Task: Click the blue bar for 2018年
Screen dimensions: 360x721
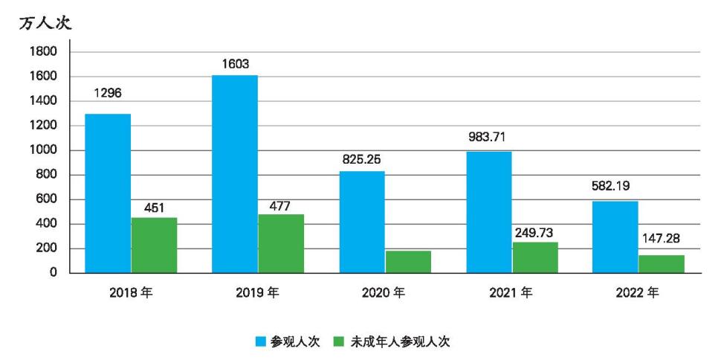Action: click(108, 193)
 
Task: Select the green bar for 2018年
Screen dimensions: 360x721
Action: click(154, 245)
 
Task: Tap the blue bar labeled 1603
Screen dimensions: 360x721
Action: click(235, 174)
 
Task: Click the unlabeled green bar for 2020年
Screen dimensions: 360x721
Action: click(408, 262)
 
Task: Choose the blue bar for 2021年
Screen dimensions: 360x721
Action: click(489, 212)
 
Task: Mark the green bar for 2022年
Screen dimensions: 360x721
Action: click(662, 264)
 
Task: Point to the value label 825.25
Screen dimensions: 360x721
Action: click(362, 158)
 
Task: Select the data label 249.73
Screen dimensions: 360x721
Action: click(534, 233)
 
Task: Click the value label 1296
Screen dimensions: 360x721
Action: click(108, 94)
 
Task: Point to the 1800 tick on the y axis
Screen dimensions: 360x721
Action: click(43, 52)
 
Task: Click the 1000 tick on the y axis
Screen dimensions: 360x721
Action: click(43, 150)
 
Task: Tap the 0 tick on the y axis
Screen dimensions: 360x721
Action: click(54, 273)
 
